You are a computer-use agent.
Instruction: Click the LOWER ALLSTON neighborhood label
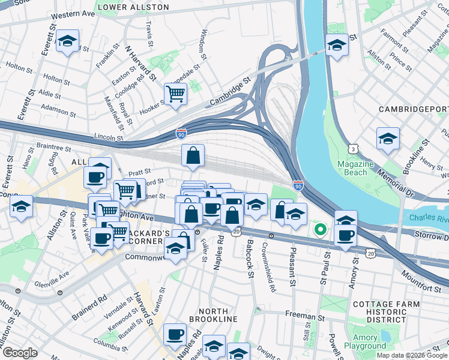pos(133,7)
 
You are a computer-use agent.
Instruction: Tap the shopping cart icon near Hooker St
pos(175,94)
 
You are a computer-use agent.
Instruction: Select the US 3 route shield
pos(354,148)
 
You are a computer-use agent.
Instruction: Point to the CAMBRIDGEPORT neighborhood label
pos(414,109)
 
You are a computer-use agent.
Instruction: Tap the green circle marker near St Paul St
pos(321,229)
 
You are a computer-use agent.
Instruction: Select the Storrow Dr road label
pos(427,235)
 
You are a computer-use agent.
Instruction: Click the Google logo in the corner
pos(20,353)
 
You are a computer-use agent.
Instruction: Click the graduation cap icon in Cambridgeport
pos(388,139)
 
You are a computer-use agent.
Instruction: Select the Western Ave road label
pos(73,14)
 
